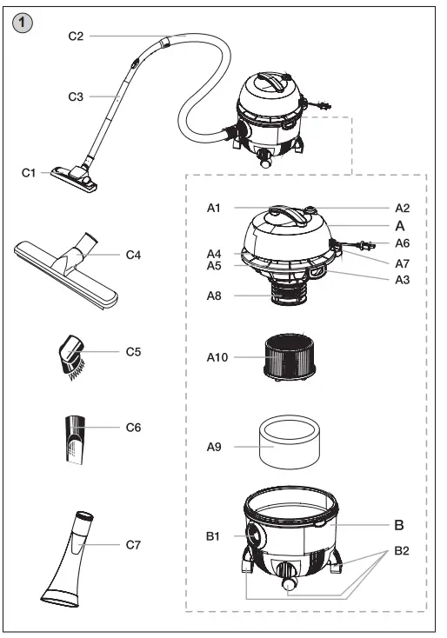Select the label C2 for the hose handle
click(76, 36)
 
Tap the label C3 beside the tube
click(76, 96)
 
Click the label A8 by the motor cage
click(215, 296)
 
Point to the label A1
click(215, 209)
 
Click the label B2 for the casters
click(402, 551)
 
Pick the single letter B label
click(399, 525)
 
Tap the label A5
click(215, 266)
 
